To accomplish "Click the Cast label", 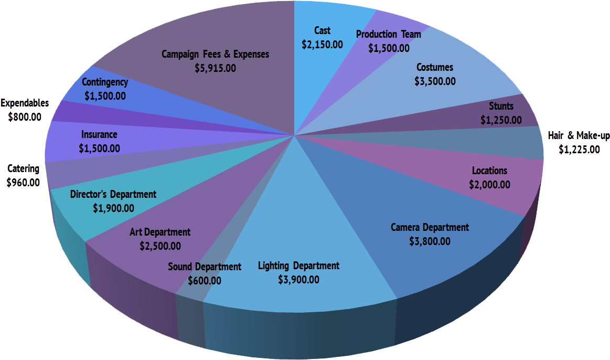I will pyautogui.click(x=322, y=30).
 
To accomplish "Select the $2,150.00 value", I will pyautogui.click(x=322, y=45).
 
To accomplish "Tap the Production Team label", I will pyautogui.click(x=388, y=34).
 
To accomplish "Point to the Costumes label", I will pyautogui.click(x=435, y=67).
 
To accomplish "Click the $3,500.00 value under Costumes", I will pyautogui.click(x=435, y=81).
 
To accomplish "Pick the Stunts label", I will pyautogui.click(x=501, y=107).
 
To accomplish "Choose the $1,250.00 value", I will pyautogui.click(x=501, y=120).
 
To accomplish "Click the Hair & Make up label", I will pyautogui.click(x=579, y=136).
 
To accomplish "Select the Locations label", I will pyautogui.click(x=489, y=171).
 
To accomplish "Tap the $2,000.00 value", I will pyautogui.click(x=489, y=185).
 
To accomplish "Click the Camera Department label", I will pyautogui.click(x=430, y=227).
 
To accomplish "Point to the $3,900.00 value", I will pyautogui.click(x=298, y=280).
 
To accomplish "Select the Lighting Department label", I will pyautogui.click(x=298, y=266).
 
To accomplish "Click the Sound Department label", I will pyautogui.click(x=205, y=267).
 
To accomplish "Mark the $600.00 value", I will pyautogui.click(x=205, y=281).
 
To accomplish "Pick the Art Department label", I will pyautogui.click(x=160, y=231).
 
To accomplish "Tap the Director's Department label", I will pyautogui.click(x=113, y=194).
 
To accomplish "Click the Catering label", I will pyautogui.click(x=23, y=168).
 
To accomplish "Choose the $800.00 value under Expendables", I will pyautogui.click(x=25, y=117).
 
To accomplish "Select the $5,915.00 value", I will pyautogui.click(x=215, y=68).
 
